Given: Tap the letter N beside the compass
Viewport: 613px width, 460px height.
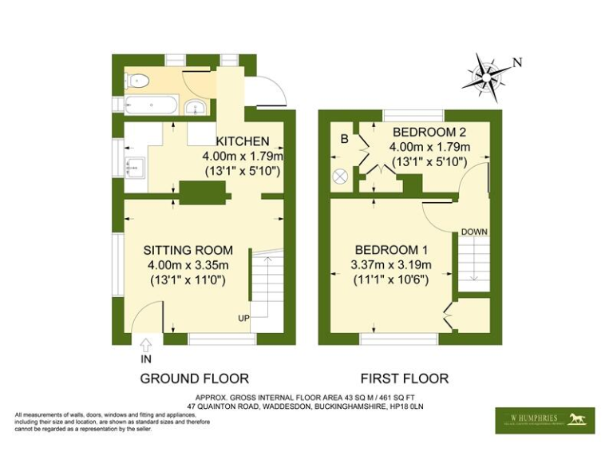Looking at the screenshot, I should point(517,62).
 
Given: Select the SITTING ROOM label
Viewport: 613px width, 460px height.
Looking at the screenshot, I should point(187,251).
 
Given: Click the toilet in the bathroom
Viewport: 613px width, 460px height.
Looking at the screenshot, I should point(137,80).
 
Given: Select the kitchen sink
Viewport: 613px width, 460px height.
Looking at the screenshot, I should point(133,165).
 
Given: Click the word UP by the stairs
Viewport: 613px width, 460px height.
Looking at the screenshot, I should point(242,319).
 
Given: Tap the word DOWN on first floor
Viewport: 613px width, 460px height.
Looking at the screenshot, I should point(473,232).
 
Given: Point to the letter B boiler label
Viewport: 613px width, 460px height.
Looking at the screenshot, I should point(345,140).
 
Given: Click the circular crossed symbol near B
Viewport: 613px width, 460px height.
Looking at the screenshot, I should point(341,176).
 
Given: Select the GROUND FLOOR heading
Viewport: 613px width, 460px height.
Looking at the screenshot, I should point(194,378).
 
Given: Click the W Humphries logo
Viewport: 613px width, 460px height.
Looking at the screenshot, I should point(544,419).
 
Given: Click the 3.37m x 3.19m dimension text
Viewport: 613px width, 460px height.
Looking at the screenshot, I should point(392,265).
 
